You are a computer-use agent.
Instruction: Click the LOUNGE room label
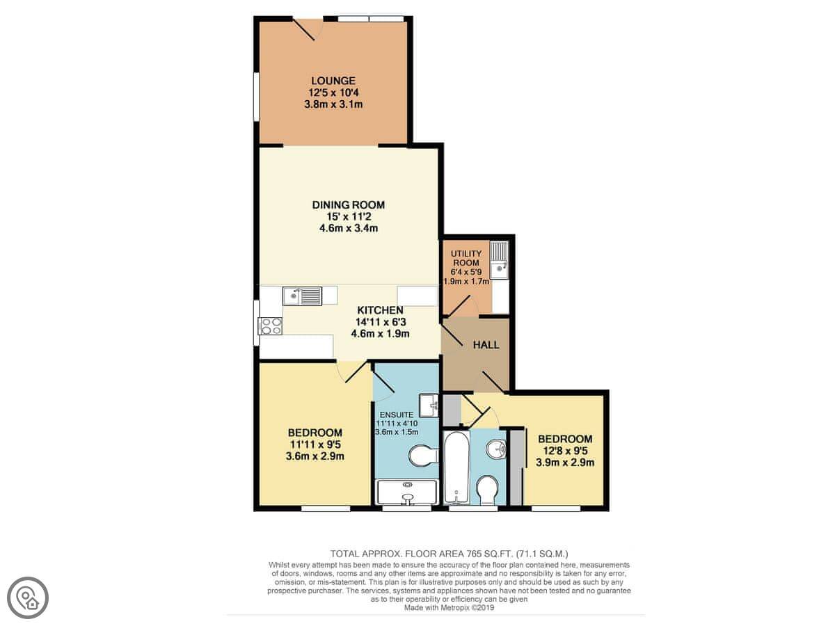coord(333,81)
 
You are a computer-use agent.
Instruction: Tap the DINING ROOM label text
coord(349,205)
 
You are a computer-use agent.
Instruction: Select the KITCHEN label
coord(380,310)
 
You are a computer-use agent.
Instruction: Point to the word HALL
coord(486,345)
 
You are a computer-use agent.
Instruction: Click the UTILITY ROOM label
coord(466,258)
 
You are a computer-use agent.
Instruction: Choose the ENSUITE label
coord(397,415)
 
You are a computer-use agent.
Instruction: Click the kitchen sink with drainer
coord(302,296)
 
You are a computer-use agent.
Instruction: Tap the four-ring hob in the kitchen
coord(270,326)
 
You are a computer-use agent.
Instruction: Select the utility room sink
coord(499,260)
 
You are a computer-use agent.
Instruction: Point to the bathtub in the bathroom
coord(457,468)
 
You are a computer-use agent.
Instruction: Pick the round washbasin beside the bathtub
coord(496,449)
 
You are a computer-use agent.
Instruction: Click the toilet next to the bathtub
coord(487,490)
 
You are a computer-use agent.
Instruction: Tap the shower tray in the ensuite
coord(407,492)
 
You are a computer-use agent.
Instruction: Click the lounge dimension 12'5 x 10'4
coord(333,93)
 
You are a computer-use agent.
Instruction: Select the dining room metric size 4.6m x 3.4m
coord(349,228)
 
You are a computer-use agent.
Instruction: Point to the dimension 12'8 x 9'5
coord(565,451)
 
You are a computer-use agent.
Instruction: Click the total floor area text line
coord(449,554)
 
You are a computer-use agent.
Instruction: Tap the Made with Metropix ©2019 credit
coord(449,607)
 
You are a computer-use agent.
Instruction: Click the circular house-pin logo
coord(28,598)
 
